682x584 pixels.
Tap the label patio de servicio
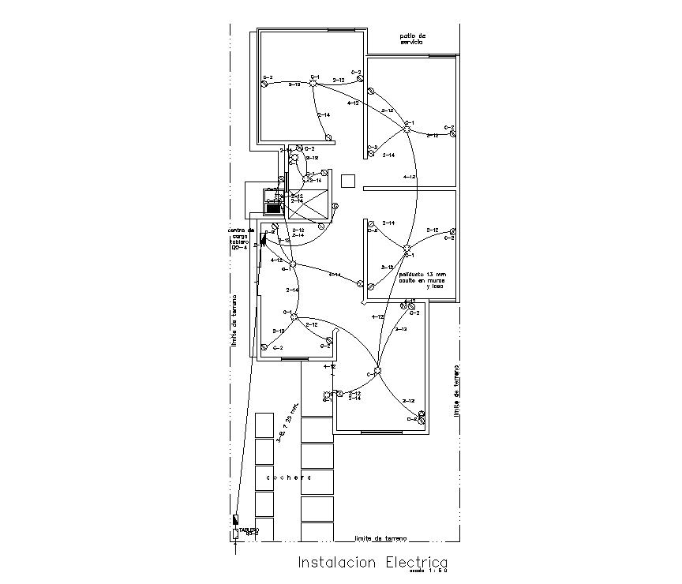412,39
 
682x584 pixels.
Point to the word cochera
288,477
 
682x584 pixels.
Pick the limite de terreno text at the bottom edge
380,539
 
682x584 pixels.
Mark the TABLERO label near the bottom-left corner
249,530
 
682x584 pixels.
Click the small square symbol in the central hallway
349,181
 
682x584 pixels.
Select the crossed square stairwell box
308,205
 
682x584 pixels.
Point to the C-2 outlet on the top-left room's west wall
264,84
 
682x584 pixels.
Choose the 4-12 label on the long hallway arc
409,177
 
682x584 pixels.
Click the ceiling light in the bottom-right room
377,372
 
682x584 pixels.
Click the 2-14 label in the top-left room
323,116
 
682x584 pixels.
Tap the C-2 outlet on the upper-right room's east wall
452,133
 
